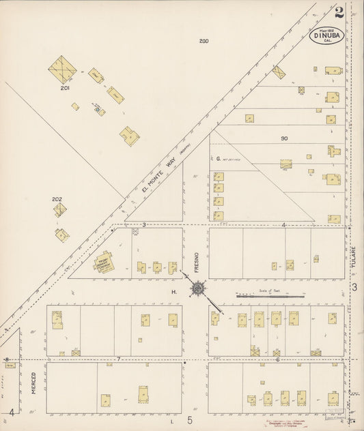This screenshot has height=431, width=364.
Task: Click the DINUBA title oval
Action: click(x=327, y=35)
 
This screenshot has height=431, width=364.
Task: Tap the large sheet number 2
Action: click(x=339, y=11)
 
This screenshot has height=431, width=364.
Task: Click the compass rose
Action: click(x=198, y=288)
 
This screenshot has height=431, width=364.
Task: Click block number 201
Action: click(x=65, y=88)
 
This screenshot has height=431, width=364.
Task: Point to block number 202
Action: click(x=57, y=199)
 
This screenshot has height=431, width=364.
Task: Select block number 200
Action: click(x=204, y=42)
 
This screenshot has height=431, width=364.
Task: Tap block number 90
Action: click(x=283, y=138)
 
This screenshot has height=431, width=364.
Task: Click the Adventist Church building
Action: click(x=105, y=263)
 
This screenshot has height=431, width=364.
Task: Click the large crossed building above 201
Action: click(x=63, y=69)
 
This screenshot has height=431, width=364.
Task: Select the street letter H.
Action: click(x=174, y=293)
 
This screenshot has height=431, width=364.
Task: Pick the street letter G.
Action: click(x=217, y=158)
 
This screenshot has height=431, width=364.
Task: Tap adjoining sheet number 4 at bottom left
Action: click(x=12, y=413)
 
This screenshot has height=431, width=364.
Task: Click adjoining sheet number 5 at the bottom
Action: click(x=191, y=420)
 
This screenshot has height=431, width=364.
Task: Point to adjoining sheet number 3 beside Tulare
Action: click(x=354, y=287)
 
